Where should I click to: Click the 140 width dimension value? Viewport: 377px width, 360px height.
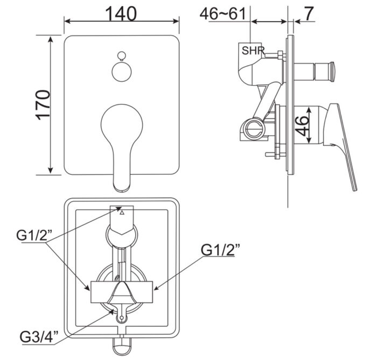[x=122, y=13]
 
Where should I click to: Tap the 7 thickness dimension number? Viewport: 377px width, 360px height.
[x=308, y=14]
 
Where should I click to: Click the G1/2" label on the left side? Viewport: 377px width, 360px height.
[x=33, y=235]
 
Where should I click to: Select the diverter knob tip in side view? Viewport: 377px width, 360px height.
[x=328, y=69]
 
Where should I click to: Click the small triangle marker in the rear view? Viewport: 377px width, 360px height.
[x=121, y=213]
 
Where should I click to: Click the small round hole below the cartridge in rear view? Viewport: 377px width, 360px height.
[x=122, y=318]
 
